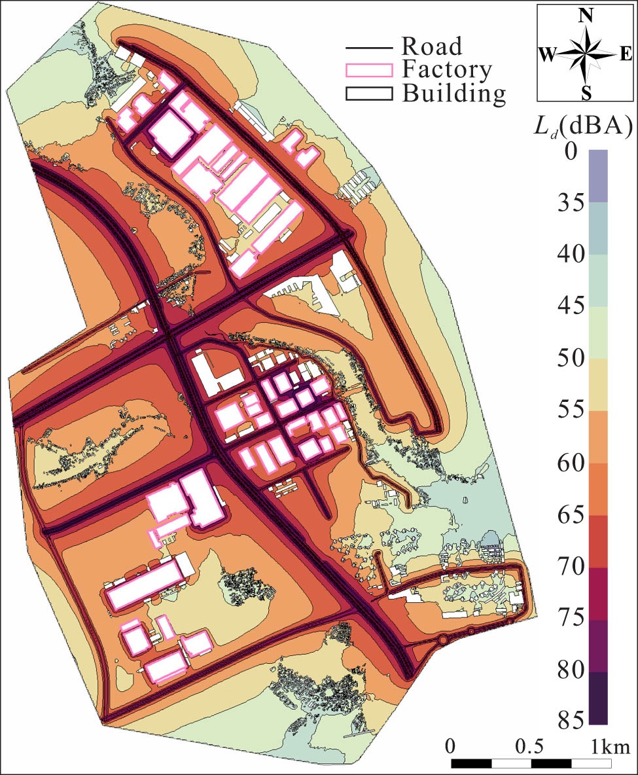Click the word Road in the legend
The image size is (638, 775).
pyautogui.click(x=431, y=47)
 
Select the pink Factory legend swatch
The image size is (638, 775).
pyautogui.click(x=368, y=69)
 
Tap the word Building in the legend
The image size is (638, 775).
pyautogui.click(x=453, y=93)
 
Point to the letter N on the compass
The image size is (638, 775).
pyautogui.click(x=586, y=17)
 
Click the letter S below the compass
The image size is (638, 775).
pyautogui.click(x=586, y=94)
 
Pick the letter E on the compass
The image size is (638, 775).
pyautogui.click(x=626, y=56)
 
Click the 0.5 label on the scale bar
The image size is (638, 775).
pyautogui.click(x=529, y=746)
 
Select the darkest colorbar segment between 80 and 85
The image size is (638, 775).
pyautogui.click(x=598, y=698)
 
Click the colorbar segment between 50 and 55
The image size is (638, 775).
pyautogui.click(x=598, y=385)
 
